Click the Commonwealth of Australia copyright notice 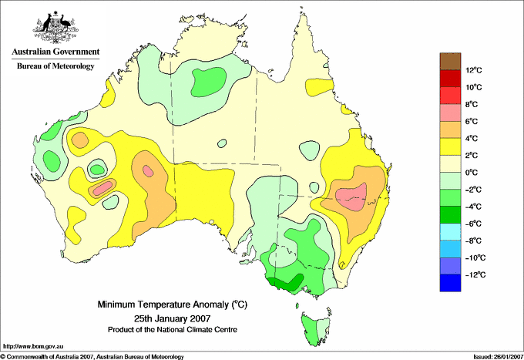(92, 355)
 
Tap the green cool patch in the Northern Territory (210, 79)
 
